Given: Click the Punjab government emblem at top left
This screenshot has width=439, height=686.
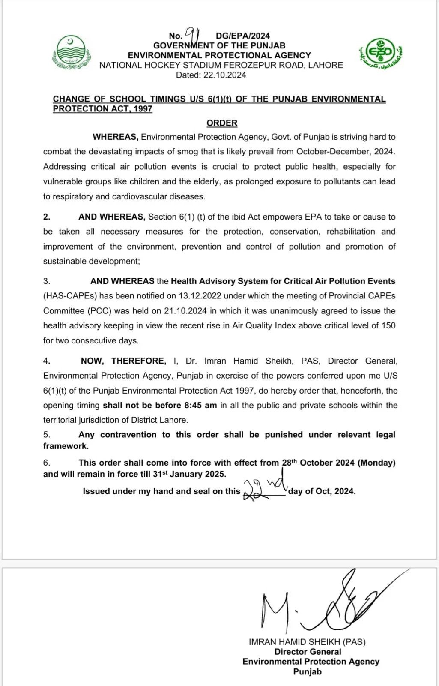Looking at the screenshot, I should tap(71, 52).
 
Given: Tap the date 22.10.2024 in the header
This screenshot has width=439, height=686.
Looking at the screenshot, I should tap(225, 75).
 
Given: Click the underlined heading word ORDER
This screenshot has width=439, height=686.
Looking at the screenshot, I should tap(222, 123).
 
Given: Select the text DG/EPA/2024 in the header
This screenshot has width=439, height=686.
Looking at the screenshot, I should tap(243, 36).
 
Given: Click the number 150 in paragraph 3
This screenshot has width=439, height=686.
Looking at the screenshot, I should tap(388, 325).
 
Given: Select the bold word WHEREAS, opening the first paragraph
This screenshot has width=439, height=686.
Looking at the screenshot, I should tap(115, 137).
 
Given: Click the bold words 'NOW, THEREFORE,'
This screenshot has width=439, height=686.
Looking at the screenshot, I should tap(123, 361).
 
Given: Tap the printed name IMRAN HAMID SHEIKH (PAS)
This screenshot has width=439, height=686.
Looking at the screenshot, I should tap(307, 642).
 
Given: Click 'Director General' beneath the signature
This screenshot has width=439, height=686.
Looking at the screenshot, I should tap(308, 652).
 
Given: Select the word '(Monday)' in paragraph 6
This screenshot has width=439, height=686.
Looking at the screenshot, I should tap(376, 463).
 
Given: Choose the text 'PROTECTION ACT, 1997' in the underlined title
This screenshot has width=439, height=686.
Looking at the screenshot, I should tap(102, 109).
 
